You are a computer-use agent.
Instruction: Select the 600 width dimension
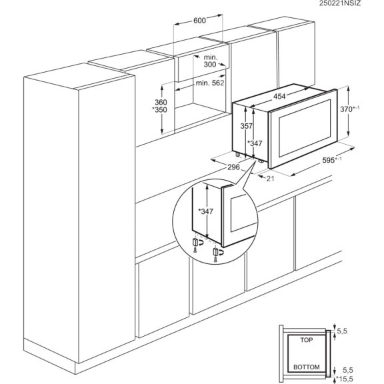coord(199,21)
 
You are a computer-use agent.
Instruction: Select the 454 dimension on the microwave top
coord(281,97)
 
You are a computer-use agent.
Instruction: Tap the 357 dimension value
coord(247,126)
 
